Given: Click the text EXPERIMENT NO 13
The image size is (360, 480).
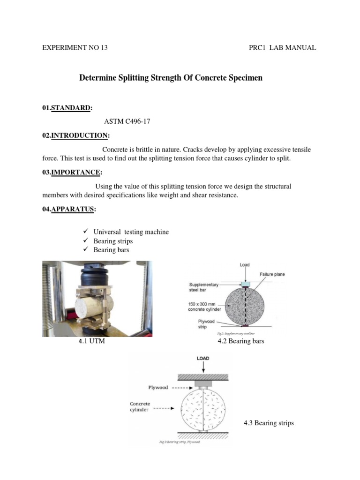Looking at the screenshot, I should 75,47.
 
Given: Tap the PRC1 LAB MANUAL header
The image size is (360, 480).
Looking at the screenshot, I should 282,47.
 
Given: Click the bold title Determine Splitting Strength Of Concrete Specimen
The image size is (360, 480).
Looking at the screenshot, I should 171,78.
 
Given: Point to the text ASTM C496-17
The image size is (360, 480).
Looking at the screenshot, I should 127,122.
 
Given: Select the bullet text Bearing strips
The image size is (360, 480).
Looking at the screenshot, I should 113,241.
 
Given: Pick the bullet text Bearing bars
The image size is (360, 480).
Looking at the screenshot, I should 111,250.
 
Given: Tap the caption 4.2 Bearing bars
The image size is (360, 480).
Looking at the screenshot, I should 241,341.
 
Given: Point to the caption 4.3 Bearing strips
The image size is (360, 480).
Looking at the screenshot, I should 269,423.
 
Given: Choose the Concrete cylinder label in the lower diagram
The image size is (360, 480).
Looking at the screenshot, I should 140,406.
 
